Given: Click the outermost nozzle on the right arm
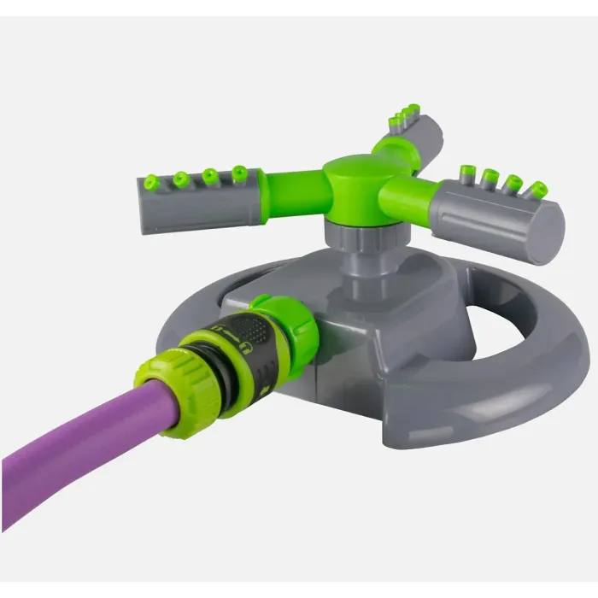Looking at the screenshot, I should tap(537, 190).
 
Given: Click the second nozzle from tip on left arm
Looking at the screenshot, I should tap(180, 179).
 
